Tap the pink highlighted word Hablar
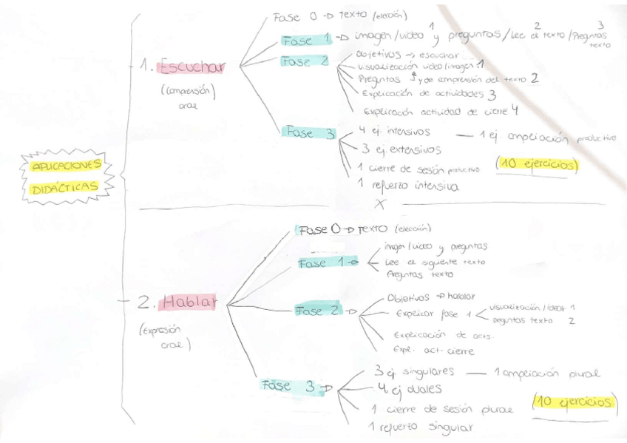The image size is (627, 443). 191,302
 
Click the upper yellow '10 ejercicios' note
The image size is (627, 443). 537,163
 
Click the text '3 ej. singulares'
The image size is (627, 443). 413,371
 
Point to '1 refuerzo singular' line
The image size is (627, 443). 420,427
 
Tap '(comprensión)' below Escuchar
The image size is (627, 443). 188,92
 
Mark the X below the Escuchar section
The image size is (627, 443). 382,203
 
